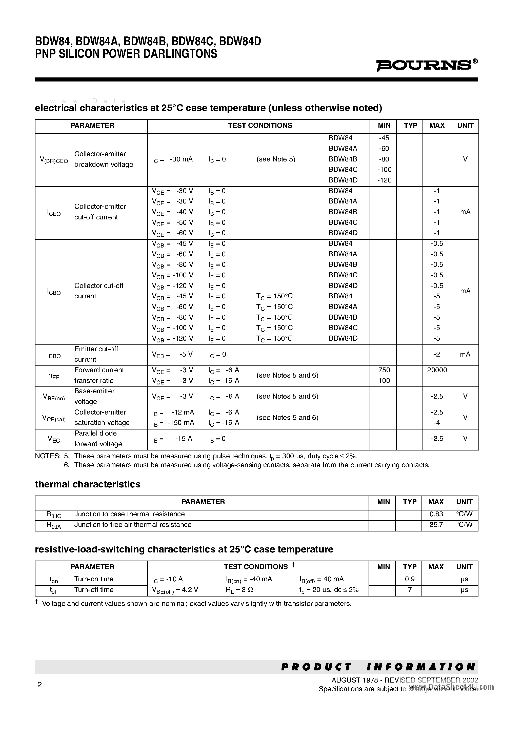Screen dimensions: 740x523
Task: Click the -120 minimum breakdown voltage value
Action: pyautogui.click(x=384, y=180)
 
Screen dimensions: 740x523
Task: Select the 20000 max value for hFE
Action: pyautogui.click(x=437, y=370)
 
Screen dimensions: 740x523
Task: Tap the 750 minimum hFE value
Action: pyautogui.click(x=384, y=370)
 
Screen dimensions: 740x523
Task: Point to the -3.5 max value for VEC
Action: pyautogui.click(x=437, y=439)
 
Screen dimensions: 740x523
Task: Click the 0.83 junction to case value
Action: pyautogui.click(x=436, y=514)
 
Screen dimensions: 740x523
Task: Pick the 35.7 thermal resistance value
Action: pyautogui.click(x=436, y=525)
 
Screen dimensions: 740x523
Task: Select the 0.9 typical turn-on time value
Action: pyautogui.click(x=410, y=579)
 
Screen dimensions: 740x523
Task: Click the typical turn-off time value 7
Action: pyautogui.click(x=410, y=590)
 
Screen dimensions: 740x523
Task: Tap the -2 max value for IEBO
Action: pyautogui.click(x=437, y=355)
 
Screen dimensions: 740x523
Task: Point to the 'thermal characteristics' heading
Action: pyautogui.click(x=87, y=484)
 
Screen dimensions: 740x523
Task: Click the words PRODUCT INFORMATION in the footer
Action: pyautogui.click(x=378, y=667)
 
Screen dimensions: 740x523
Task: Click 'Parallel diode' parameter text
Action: pyautogui.click(x=95, y=433)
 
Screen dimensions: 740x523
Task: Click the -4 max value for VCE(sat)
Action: pyautogui.click(x=437, y=423)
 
